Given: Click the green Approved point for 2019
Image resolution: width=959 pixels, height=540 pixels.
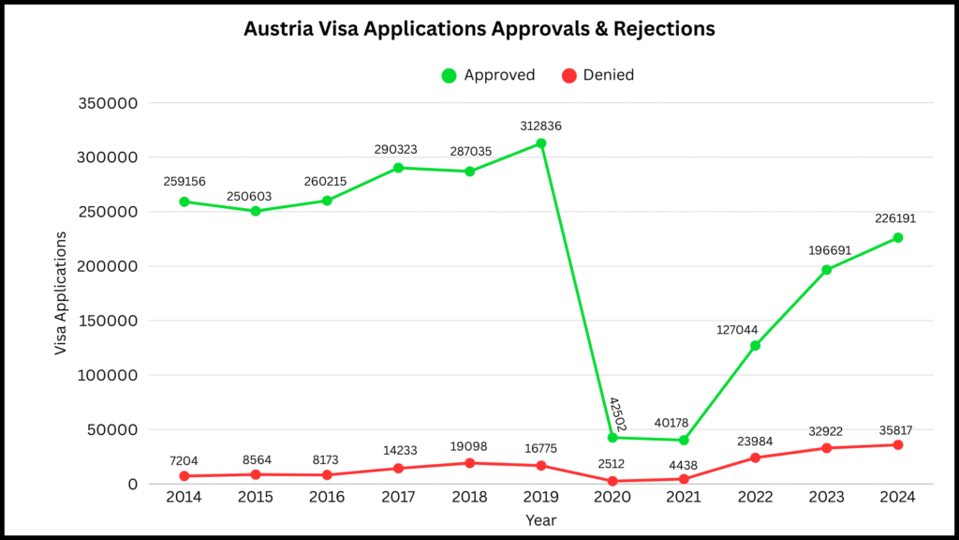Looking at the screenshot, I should coord(541,143).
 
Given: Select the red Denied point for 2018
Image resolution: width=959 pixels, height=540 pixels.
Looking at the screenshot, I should coord(469,463).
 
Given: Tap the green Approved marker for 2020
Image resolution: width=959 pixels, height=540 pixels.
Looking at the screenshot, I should coord(612,438).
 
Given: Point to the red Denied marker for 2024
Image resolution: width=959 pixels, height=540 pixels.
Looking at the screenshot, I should coord(897,444).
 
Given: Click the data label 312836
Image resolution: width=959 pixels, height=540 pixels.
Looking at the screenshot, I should coord(541,126).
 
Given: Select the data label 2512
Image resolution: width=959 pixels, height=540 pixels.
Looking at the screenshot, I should coord(612,462).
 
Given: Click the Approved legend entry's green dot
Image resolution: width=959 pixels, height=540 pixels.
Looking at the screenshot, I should coord(450,75).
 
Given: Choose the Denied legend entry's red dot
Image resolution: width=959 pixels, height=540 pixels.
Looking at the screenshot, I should coord(568,75).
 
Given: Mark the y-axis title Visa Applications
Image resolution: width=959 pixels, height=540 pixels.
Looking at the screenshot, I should coord(61,293).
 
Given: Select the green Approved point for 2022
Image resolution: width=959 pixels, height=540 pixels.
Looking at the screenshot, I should coord(755,346).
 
